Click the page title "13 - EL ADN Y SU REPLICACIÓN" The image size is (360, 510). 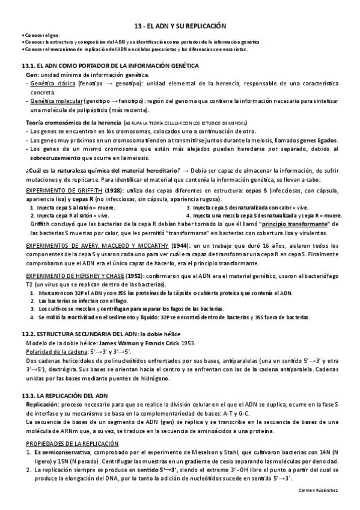[180, 26]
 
